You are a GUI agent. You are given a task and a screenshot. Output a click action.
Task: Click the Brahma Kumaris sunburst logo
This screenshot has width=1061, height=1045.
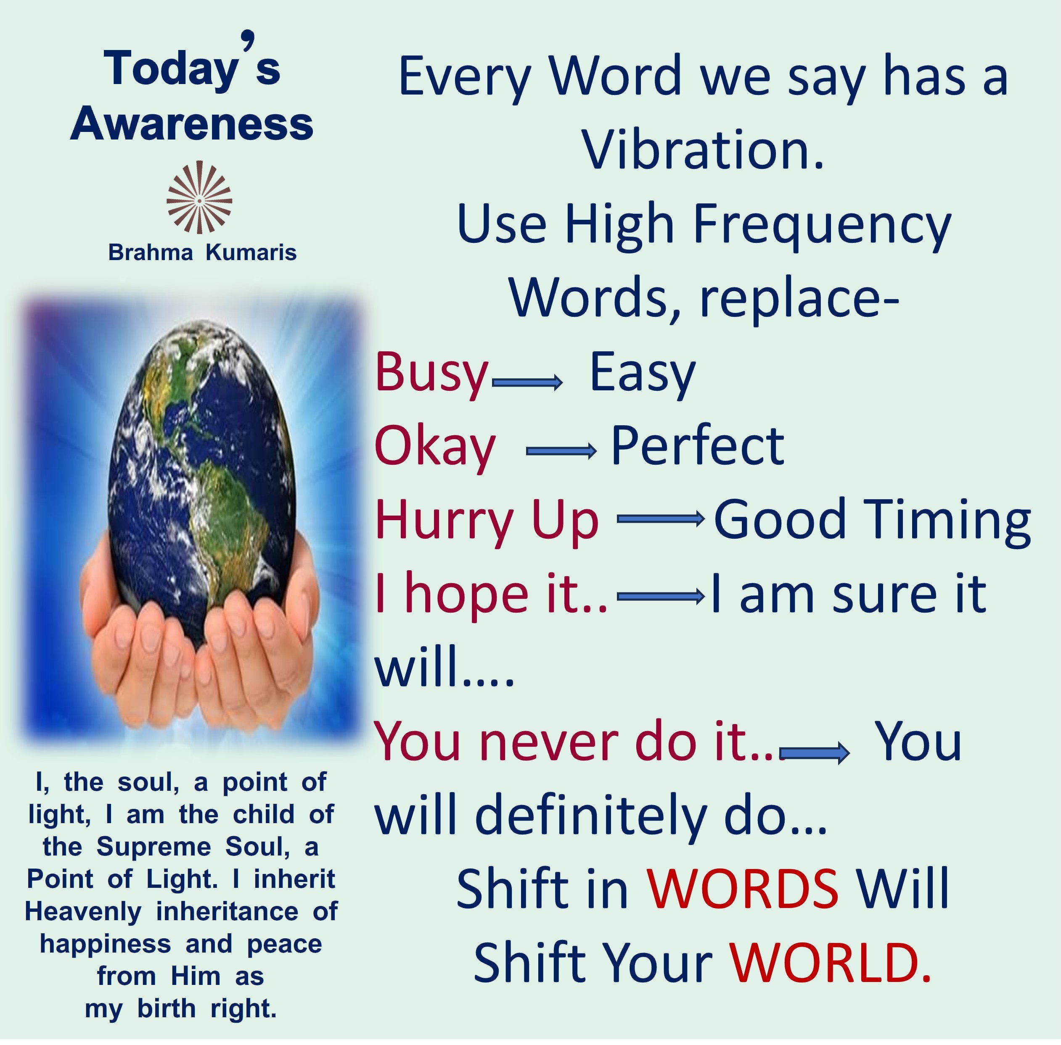199,197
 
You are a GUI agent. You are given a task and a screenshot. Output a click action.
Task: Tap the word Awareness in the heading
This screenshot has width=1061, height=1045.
192,124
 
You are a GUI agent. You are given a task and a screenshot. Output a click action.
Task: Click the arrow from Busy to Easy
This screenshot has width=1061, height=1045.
527,382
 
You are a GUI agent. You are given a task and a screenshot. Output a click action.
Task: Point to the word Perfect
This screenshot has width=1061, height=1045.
697,446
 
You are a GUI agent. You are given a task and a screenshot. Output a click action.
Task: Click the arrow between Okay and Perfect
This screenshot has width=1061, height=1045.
561,451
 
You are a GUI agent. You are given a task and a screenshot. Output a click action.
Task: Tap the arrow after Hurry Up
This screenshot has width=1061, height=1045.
661,519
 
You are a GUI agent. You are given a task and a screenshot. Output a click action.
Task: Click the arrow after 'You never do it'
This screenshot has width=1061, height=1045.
815,753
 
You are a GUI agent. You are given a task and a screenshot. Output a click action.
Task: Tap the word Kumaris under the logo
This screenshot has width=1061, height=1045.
251,253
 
